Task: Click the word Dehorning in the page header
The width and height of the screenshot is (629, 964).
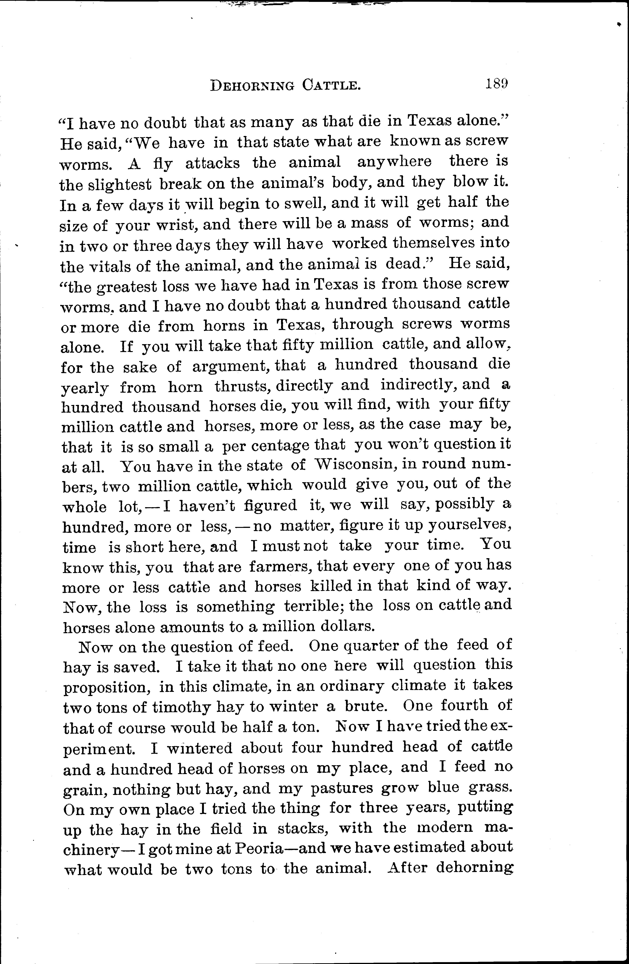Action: point(252,85)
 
